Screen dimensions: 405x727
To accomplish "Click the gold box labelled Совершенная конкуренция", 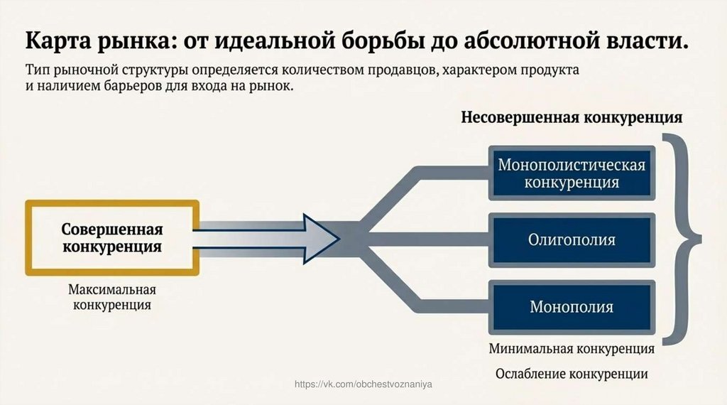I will [x=111, y=238].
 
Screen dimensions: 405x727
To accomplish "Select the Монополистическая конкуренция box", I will [x=572, y=173].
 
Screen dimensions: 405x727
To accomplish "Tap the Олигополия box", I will [x=572, y=239].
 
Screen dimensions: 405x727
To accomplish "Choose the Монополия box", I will [x=572, y=307].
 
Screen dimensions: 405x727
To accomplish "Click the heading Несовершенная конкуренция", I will [x=572, y=117].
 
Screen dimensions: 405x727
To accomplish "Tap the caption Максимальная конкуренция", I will [x=111, y=298].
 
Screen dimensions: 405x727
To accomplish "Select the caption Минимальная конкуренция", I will [x=572, y=350].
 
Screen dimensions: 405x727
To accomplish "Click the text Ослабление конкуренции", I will [x=572, y=373].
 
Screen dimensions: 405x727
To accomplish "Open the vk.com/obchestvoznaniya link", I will [x=363, y=384].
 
